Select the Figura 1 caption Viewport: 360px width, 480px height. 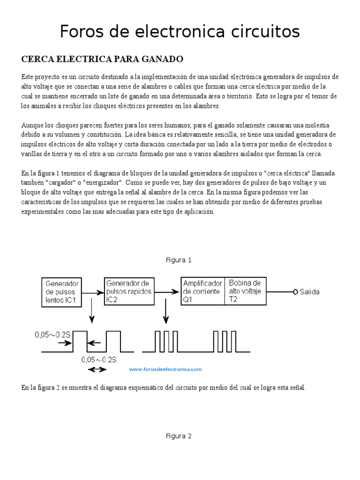tap(179, 260)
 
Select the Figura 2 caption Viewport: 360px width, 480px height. tap(179, 435)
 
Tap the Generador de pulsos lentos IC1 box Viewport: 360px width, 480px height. tap(62, 292)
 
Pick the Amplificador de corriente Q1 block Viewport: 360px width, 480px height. tap(203, 291)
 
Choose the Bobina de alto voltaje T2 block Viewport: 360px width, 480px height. tap(246, 291)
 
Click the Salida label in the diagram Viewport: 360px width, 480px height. tap(310, 292)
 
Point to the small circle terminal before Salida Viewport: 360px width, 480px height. tap(295, 292)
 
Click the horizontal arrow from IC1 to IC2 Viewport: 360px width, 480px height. tap(93, 292)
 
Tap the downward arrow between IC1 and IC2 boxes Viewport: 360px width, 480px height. tap(92, 314)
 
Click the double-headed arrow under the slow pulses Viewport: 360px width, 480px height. tap(97, 369)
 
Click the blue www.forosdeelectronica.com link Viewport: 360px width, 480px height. tap(165, 369)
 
